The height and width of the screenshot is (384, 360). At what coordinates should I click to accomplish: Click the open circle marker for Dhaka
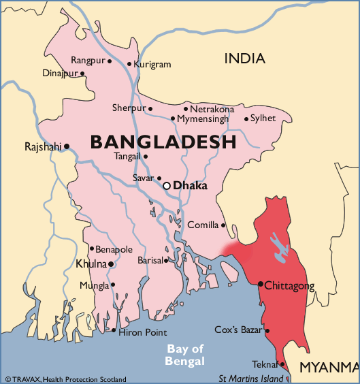click(166, 185)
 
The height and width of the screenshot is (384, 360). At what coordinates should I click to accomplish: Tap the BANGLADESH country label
click(163, 142)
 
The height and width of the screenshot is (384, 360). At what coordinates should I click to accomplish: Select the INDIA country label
click(245, 59)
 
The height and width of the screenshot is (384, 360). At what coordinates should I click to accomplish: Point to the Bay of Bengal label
click(186, 355)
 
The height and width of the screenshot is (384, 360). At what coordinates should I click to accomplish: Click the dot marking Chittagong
click(261, 284)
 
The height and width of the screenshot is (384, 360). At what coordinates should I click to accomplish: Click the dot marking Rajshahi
click(67, 146)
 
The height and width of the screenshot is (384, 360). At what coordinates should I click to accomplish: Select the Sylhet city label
click(263, 118)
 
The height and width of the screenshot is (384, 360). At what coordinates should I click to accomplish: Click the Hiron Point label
click(142, 332)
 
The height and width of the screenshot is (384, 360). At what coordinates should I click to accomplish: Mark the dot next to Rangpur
click(110, 61)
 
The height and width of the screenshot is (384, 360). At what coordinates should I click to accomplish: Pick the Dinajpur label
click(60, 73)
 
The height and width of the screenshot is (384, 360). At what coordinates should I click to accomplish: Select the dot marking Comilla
click(223, 225)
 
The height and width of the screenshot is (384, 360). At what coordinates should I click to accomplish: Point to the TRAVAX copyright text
click(65, 379)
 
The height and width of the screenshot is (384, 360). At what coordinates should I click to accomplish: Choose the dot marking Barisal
click(166, 260)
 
